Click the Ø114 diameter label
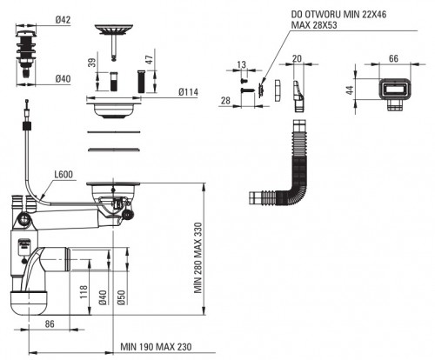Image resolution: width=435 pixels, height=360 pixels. click(x=189, y=92)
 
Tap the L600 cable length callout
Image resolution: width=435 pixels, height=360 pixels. click(x=64, y=174)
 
